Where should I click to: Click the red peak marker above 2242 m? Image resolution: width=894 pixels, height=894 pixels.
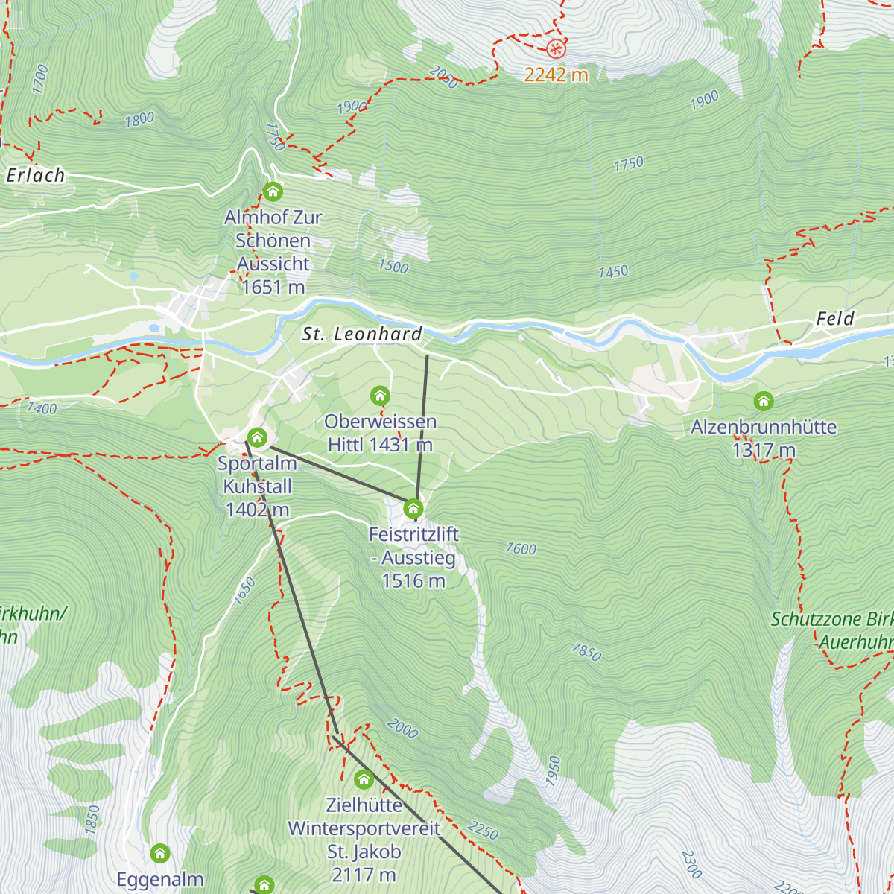coord(556,49)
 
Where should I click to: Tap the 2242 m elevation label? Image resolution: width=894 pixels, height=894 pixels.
coord(556,74)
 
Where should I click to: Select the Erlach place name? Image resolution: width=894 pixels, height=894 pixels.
coord(36,175)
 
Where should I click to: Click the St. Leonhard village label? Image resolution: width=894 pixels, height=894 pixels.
coord(362,335)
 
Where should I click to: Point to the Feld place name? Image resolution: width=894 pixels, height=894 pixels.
coord(835,319)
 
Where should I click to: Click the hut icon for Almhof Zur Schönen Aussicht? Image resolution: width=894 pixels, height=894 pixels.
coord(273,191)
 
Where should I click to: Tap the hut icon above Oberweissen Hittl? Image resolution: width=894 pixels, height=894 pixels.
coord(380,395)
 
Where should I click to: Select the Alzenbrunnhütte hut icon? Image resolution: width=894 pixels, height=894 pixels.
coord(763,401)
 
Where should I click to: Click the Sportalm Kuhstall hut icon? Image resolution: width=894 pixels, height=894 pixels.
coord(257,437)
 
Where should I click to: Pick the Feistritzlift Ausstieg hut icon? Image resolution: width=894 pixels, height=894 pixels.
coord(413,509)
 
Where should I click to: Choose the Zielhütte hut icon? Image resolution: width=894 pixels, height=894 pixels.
coord(364,779)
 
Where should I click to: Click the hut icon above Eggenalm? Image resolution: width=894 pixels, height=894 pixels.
coord(159,853)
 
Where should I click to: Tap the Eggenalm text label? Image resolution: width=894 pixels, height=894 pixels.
coord(160,879)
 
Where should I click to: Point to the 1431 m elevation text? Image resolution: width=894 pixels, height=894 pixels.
coord(401,445)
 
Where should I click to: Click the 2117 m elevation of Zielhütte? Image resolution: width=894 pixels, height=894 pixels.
coord(364,874)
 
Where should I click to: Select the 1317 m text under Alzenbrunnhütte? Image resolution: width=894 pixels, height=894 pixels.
coord(764,450)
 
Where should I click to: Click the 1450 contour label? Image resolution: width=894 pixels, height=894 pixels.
coord(613,272)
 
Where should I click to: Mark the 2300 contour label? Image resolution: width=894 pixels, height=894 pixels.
coord(691,864)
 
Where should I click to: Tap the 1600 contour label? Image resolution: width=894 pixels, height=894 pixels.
coord(521,549)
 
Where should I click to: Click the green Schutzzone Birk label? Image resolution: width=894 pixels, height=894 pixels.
coord(831,619)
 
